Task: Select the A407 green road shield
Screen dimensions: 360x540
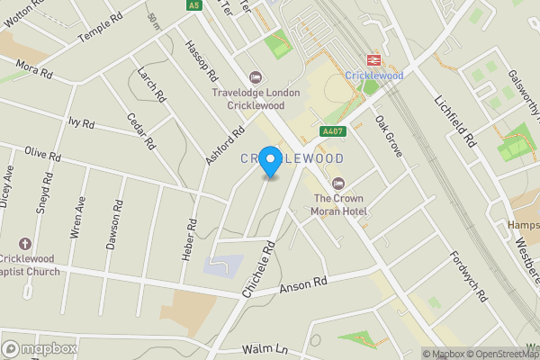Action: (x=333, y=131)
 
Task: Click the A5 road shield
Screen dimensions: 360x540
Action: (x=194, y=5)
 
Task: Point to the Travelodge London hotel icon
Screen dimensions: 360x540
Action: (x=255, y=77)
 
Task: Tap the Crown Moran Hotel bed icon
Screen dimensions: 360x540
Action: (x=338, y=184)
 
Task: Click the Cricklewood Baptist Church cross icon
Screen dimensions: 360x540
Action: (x=24, y=244)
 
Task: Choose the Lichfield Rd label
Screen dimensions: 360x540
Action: (x=455, y=122)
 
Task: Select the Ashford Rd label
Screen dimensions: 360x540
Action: (x=225, y=145)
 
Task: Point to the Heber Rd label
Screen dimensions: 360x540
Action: (x=190, y=240)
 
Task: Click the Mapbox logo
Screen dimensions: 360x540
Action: (x=40, y=349)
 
